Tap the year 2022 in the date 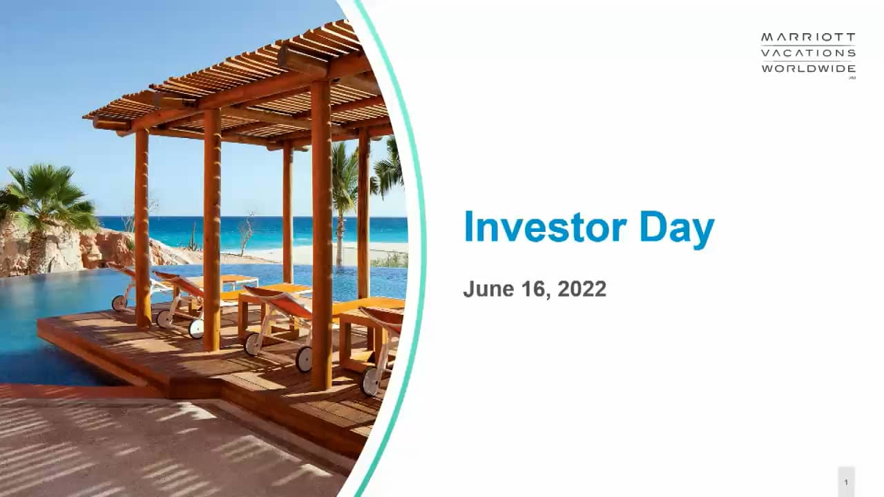[582, 289]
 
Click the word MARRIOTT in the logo [808, 37]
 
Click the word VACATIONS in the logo [808, 53]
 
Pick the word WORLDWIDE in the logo [808, 68]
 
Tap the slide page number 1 [846, 482]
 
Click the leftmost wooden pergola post [142, 228]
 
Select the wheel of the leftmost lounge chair [119, 302]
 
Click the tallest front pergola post [321, 235]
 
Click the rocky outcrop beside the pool [104, 248]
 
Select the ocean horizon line [207, 217]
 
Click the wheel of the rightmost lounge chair [371, 381]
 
